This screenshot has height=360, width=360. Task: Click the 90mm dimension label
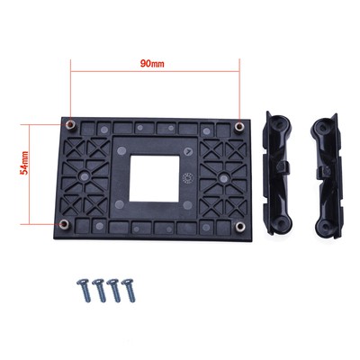pyautogui.click(x=152, y=64)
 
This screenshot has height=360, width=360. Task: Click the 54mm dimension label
pyautogui.click(x=24, y=163)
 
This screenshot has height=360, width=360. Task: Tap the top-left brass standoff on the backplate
pyautogui.click(x=70, y=124)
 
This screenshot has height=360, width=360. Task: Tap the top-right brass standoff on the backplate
pyautogui.click(x=239, y=127)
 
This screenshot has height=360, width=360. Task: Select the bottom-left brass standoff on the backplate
pyautogui.click(x=64, y=224)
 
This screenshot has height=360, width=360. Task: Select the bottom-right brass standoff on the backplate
pyautogui.click(x=239, y=227)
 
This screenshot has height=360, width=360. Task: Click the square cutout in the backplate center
pyautogui.click(x=154, y=178)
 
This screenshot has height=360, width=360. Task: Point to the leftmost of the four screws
pyautogui.click(x=84, y=290)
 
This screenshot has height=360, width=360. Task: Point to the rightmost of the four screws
pyautogui.click(x=129, y=290)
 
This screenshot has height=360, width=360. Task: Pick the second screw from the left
pyautogui.click(x=99, y=290)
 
